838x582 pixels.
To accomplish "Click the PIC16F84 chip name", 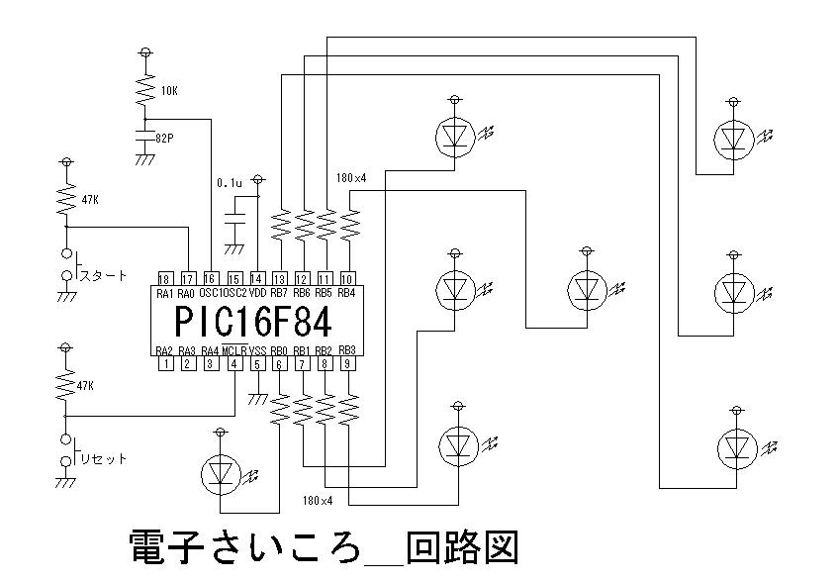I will coord(252,322).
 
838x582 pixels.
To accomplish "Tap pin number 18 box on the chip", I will coord(165,278).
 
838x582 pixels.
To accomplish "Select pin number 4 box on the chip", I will coord(233,364).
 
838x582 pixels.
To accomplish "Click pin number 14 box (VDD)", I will coord(256,278).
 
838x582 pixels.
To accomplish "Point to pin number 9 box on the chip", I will coord(347,364).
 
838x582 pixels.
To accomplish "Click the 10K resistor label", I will coord(169,91).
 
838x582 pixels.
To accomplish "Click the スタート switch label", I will coord(103,275).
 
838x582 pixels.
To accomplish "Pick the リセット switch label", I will coord(103,458).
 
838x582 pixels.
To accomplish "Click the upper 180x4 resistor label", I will coord(351,178).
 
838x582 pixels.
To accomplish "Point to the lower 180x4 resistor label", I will coord(320,502).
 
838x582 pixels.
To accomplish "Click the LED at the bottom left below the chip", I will coord(220,474).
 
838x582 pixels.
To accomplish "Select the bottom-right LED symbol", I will coord(733,447).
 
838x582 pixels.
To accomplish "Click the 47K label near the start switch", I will coord(90,200).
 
